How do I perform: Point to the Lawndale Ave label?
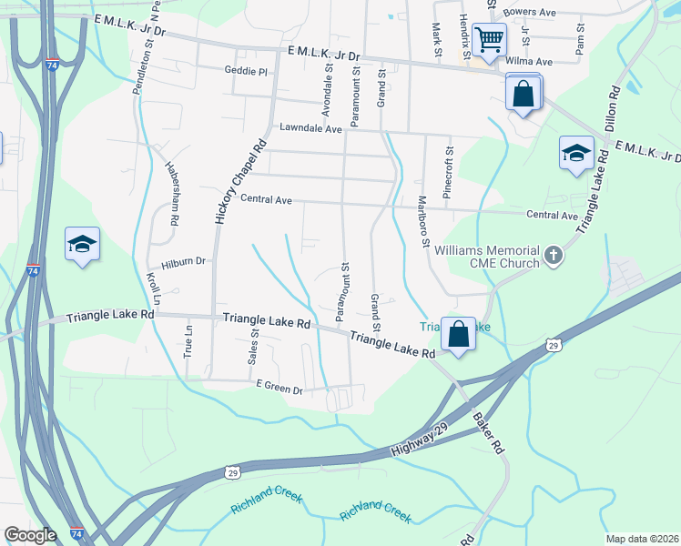310,129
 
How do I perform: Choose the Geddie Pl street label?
246,71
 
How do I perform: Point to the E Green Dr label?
280,389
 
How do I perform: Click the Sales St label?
254,346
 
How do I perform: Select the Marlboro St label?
422,221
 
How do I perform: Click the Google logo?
30,535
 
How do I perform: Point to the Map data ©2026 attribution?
642,539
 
